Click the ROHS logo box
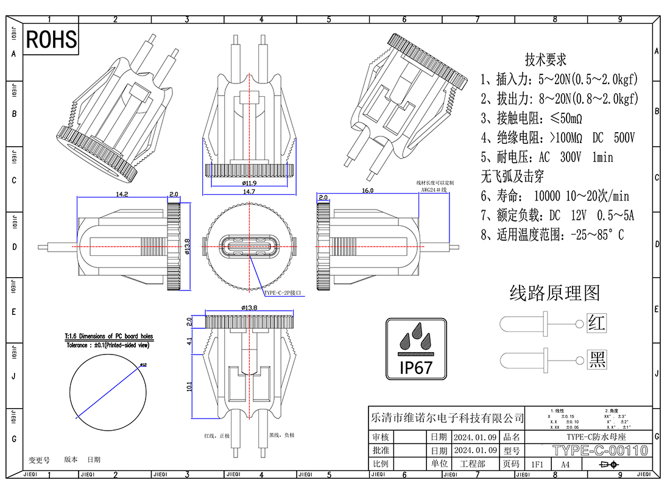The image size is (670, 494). click(52, 40)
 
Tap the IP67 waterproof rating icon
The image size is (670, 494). click(417, 348)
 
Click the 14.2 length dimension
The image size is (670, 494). click(122, 194)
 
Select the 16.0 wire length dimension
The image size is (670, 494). click(368, 191)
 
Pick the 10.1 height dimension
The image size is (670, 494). click(189, 386)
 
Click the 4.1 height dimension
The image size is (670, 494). click(189, 342)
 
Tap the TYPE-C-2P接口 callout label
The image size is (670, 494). click(282, 293)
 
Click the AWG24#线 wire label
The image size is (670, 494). click(434, 190)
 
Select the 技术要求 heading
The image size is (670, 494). click(546, 60)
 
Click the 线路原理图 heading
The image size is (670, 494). click(554, 293)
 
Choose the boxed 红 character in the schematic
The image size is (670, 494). click(597, 322)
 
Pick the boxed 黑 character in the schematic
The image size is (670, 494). click(597, 359)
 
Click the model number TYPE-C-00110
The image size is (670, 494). click(600, 451)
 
